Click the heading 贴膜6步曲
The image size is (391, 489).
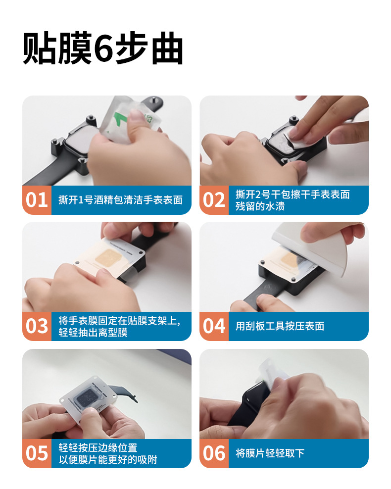point(103,49)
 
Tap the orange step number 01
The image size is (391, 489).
point(37,200)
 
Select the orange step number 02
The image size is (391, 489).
point(214,200)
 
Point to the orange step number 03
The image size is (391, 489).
point(37,326)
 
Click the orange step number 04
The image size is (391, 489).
point(214,326)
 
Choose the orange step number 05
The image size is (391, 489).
point(37,453)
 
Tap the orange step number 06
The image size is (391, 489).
point(214,453)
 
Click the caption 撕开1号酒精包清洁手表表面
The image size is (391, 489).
point(120,200)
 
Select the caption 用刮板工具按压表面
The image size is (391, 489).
point(280,326)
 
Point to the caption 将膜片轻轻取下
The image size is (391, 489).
point(270,453)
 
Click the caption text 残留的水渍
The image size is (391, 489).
point(260,206)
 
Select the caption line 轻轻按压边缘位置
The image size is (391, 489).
point(98,447)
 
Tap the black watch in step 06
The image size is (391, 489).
point(249,405)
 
